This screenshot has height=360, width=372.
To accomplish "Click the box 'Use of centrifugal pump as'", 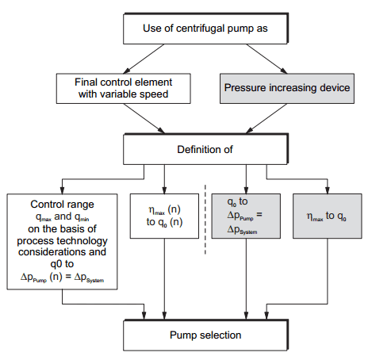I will [205, 29].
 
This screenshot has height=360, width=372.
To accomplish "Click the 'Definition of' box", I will [205, 147].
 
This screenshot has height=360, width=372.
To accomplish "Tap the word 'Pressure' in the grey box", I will [253, 87].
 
